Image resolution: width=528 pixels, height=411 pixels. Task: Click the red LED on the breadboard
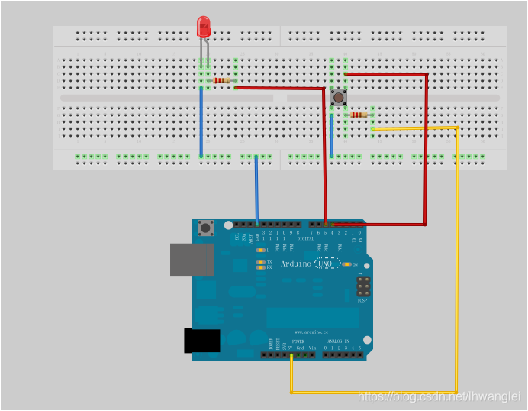tap(204, 28)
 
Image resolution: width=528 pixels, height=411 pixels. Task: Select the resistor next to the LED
tap(221, 80)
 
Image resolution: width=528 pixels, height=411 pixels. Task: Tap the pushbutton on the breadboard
tap(339, 97)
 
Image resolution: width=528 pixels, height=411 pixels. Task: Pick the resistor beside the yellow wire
tap(359, 115)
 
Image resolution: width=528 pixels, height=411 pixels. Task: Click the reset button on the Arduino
tap(204, 228)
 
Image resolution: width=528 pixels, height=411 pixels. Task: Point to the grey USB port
tap(186, 259)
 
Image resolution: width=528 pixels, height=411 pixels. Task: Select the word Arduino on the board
tap(296, 264)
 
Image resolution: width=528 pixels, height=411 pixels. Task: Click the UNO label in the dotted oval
tap(328, 264)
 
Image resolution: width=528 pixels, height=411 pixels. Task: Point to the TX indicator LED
tap(261, 261)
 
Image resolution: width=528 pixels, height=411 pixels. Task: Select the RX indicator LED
tap(261, 267)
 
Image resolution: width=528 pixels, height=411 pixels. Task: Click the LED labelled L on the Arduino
tap(261, 250)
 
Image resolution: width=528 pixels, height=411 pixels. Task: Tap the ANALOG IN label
tap(336, 341)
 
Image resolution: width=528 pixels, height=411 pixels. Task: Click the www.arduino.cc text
tap(311, 332)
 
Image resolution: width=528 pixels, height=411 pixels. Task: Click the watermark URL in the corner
tap(439, 396)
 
